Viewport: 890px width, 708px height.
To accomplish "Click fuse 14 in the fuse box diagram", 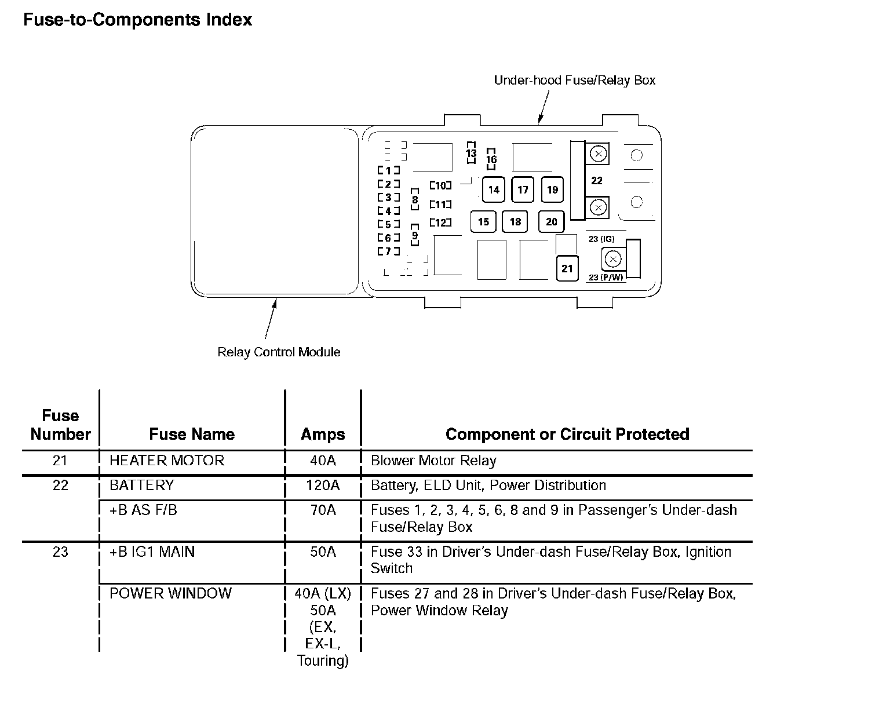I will click(494, 189).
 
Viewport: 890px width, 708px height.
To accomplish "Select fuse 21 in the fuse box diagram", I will click(567, 268).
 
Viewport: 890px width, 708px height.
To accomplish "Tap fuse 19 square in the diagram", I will click(552, 189).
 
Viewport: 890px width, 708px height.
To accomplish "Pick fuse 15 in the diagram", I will click(483, 221).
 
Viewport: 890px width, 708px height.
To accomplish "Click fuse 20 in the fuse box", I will click(551, 221).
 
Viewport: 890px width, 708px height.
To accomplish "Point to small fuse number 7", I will click(388, 251).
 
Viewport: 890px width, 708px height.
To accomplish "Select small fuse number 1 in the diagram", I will click(388, 170).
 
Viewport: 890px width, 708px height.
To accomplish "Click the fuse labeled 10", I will click(440, 185).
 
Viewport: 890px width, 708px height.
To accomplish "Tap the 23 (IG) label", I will click(601, 239).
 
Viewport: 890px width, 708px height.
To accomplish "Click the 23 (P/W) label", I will click(606, 278).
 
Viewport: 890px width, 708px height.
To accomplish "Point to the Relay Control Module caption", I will click(279, 352).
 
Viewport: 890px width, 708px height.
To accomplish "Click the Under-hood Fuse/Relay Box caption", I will click(574, 80).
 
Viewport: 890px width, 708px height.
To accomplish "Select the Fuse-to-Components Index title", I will click(137, 20).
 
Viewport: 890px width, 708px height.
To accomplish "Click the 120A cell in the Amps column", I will click(323, 486).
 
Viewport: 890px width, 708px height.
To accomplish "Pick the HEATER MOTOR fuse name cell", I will click(167, 461).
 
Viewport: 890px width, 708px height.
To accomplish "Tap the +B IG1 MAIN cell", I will click(152, 552).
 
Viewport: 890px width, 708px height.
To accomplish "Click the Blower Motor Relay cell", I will click(433, 461).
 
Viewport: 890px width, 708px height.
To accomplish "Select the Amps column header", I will click(323, 435).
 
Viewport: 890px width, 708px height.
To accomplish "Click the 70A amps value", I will click(323, 510).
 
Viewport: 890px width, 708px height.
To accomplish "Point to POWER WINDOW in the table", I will click(170, 593).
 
